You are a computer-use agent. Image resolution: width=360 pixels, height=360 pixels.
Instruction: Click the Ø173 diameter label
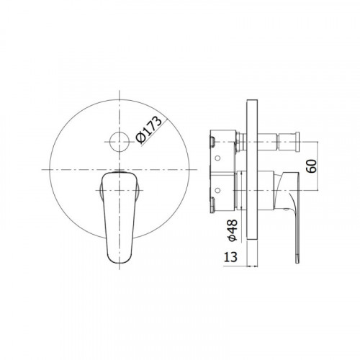(149, 130)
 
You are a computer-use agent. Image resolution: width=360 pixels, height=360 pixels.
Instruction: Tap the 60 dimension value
(312, 166)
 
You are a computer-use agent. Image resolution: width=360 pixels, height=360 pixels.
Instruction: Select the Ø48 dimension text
(232, 230)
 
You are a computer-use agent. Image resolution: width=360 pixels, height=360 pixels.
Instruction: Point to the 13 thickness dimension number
(230, 257)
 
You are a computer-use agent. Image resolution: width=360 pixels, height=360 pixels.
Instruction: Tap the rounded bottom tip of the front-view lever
(120, 263)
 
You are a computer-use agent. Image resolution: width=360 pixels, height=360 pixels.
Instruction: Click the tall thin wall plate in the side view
(252, 169)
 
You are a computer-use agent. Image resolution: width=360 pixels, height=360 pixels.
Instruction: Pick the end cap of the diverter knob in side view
(297, 142)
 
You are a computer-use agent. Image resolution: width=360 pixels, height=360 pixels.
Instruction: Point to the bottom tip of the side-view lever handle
(297, 262)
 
